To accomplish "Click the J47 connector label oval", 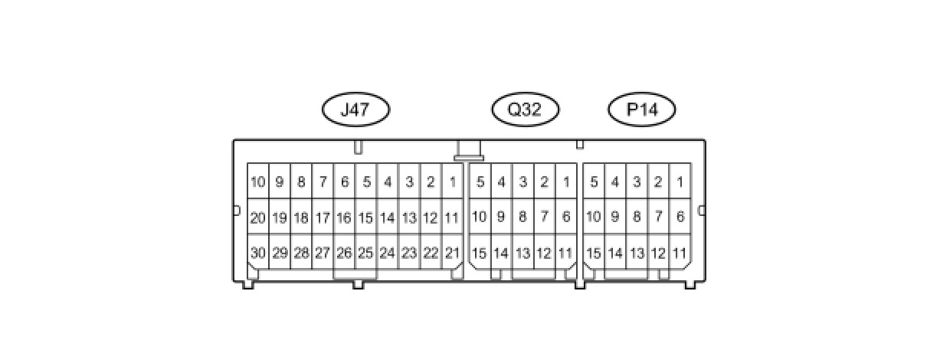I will tap(355, 110).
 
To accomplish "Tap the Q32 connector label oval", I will tap(525, 110).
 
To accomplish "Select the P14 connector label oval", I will tap(642, 110).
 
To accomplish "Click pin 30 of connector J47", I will tap(257, 253).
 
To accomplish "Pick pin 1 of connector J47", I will tap(452, 182).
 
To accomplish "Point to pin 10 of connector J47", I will tap(257, 182).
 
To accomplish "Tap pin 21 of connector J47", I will tap(452, 253).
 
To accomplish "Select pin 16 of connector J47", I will tap(344, 217).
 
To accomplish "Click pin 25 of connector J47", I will tap(365, 253).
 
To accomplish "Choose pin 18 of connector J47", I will tap(301, 217).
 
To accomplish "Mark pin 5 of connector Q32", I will tap(480, 182).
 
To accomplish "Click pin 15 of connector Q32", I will tap(480, 253).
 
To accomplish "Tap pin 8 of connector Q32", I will tap(522, 217).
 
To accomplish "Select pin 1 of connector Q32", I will tap(566, 182).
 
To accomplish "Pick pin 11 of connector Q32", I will tap(566, 253).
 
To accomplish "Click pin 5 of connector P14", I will tap(593, 182).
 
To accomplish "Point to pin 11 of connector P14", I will tap(680, 253).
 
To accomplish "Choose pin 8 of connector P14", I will tap(636, 217).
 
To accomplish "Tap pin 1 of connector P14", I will tap(680, 182).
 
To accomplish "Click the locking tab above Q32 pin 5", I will tap(468, 150).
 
